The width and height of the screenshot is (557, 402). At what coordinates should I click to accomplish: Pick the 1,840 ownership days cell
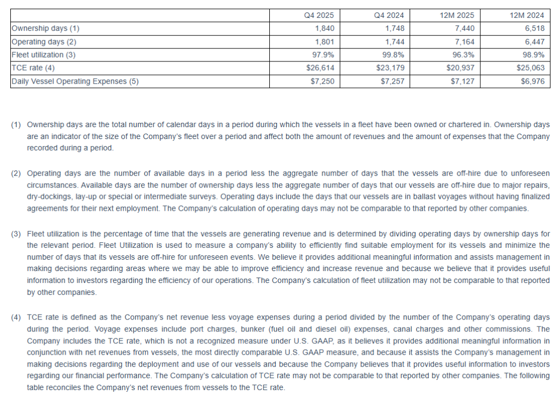325,28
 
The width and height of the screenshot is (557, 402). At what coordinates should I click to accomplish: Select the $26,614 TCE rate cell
322,68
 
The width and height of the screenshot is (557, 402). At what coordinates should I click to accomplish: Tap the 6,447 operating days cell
534,41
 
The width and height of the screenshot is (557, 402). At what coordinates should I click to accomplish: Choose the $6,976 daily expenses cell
531,81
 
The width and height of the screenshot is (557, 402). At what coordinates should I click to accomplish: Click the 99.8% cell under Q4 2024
394,55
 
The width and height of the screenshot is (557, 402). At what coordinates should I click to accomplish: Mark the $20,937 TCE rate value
461,68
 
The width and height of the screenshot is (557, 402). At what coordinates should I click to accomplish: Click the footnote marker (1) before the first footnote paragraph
16,125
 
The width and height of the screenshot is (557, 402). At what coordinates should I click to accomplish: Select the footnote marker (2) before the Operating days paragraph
16,173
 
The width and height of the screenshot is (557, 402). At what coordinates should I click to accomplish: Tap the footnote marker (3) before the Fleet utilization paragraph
16,234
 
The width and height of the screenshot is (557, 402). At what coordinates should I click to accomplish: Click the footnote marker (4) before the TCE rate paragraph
16,317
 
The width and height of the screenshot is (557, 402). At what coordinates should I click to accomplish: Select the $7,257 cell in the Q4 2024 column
392,81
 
